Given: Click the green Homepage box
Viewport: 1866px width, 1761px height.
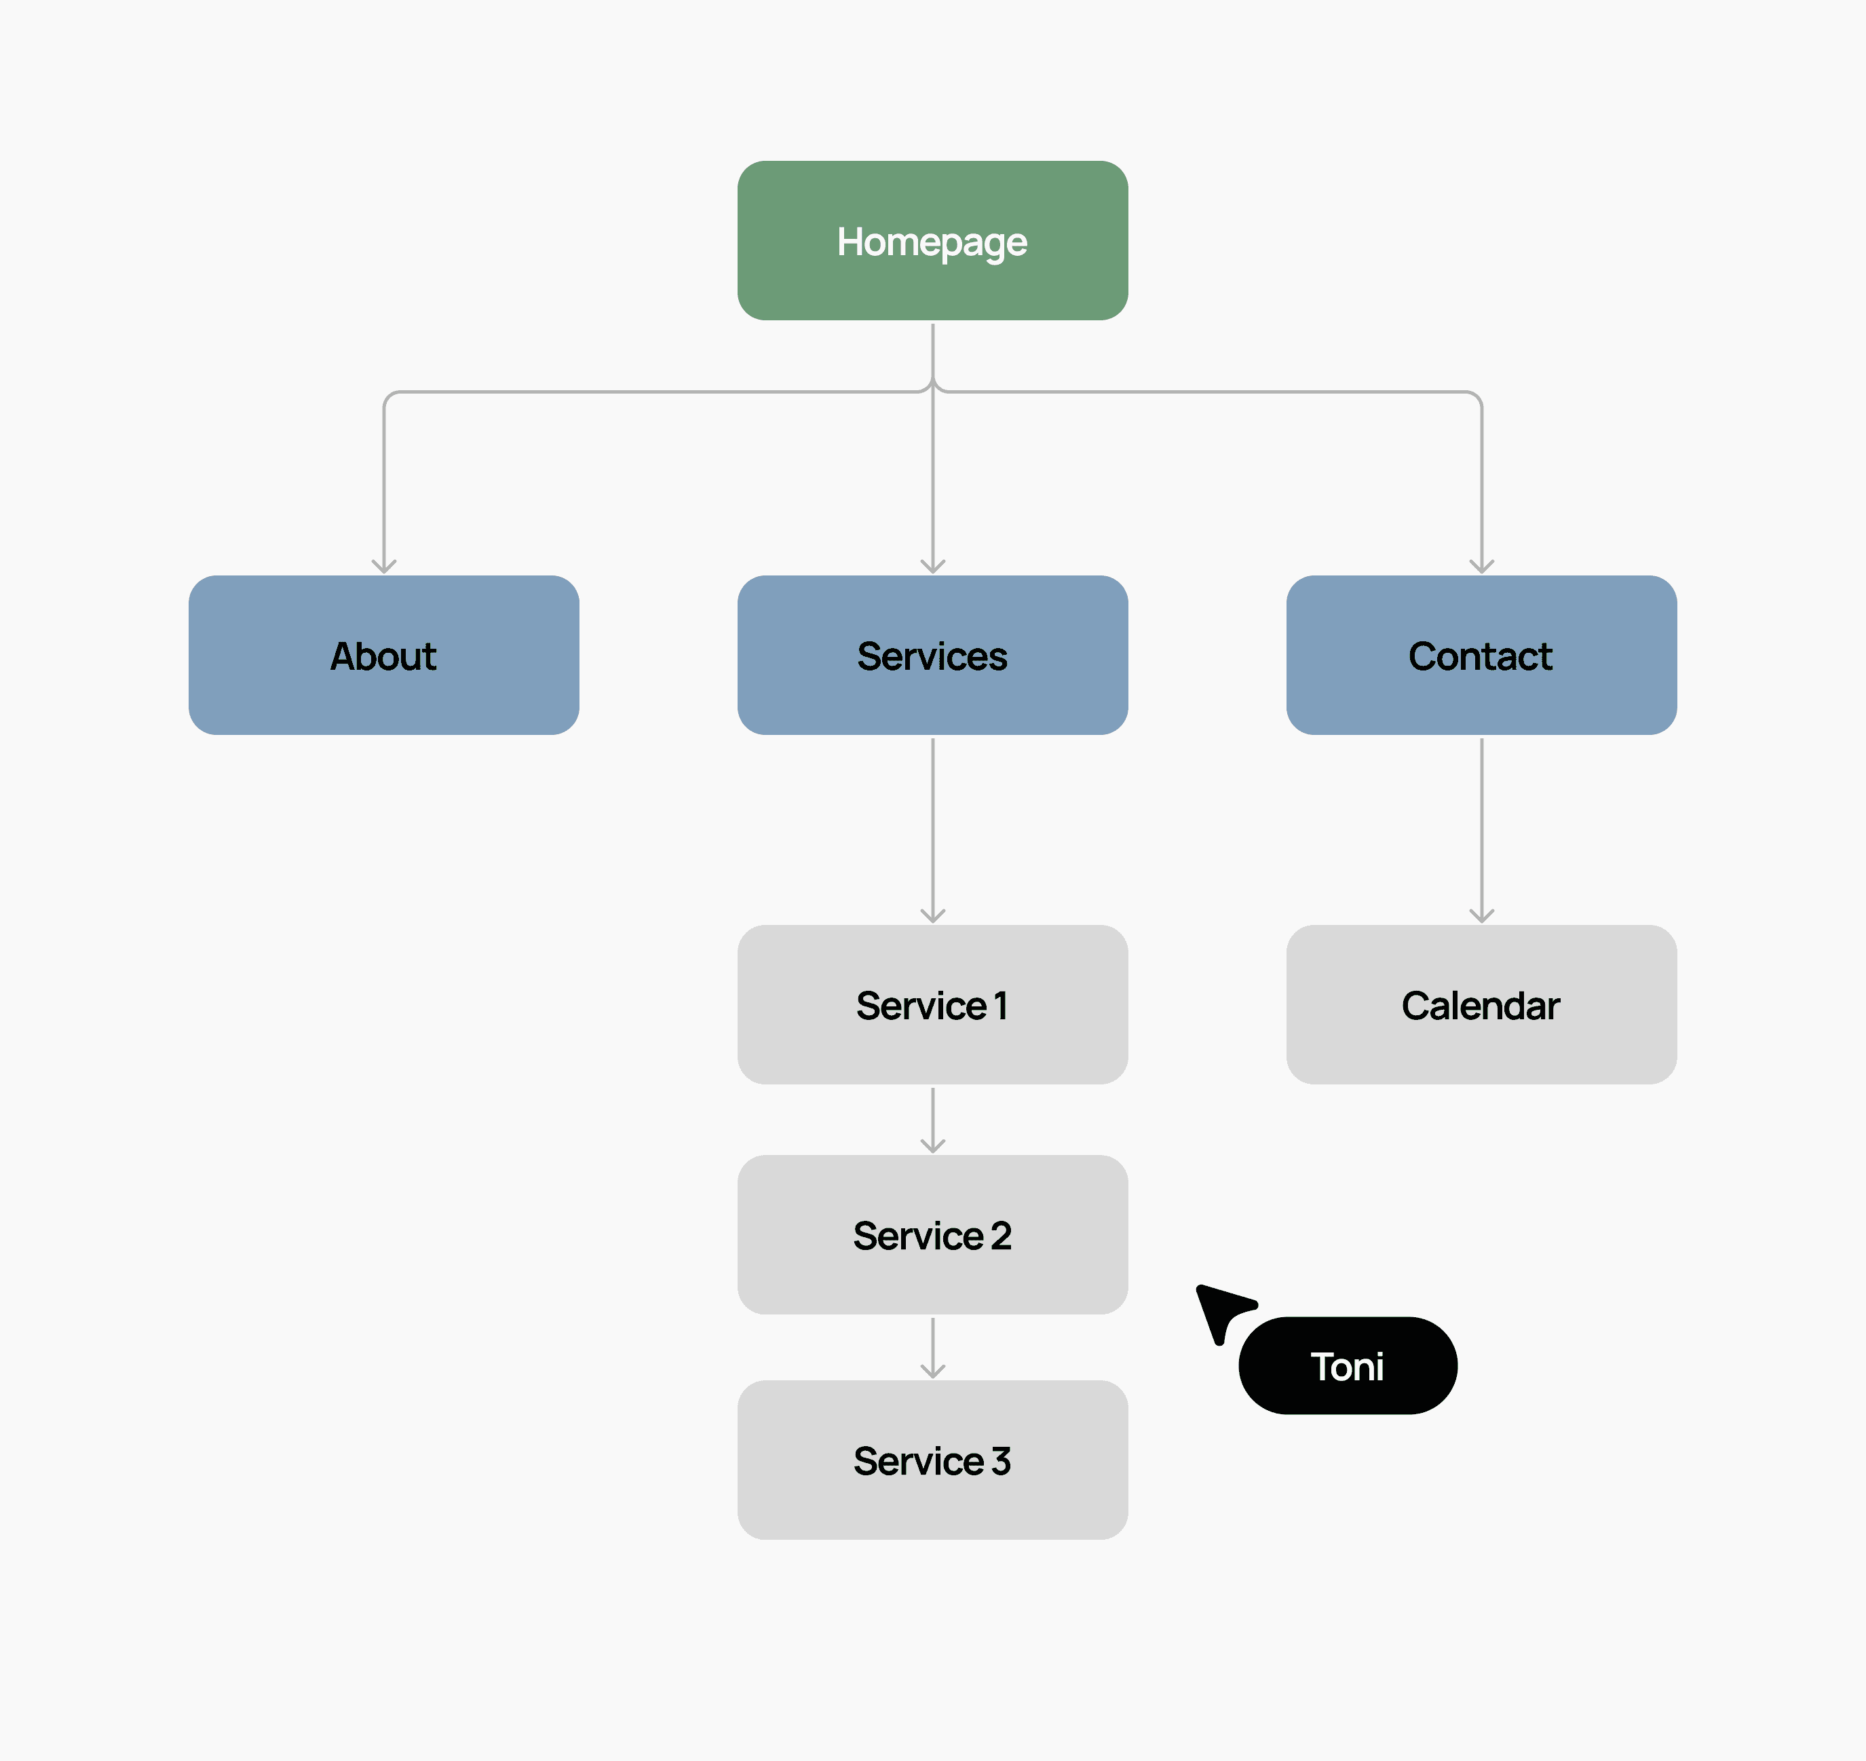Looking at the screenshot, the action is pos(932,240).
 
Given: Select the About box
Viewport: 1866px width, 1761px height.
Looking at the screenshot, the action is pos(384,656).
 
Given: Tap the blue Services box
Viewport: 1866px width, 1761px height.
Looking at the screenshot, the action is pos(932,656).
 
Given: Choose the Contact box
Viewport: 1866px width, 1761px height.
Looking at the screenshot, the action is pos(1481,656).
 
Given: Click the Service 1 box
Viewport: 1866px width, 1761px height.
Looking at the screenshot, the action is pos(932,1004).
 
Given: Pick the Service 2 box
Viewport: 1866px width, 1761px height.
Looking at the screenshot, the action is pos(932,1234).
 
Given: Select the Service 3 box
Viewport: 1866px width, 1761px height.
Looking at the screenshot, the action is pos(932,1460).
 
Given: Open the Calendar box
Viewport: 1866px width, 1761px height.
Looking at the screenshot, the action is pos(1481,1004).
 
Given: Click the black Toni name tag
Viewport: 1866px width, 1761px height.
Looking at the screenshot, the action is pos(1348,1366).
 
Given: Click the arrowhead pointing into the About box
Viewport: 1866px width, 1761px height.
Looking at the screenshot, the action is pos(384,567).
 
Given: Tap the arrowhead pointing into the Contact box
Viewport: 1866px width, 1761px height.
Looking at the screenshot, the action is pos(1482,567).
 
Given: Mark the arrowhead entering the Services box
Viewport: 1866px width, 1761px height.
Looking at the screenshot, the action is pos(933,567).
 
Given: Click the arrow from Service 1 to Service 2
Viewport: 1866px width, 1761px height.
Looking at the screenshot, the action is pos(933,1120).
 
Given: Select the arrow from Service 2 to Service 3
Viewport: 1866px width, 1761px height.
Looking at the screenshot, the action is pos(933,1348).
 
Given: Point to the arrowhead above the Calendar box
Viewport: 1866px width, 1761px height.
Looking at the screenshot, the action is pos(1482,916).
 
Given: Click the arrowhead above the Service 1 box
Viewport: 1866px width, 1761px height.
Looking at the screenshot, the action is pos(933,916).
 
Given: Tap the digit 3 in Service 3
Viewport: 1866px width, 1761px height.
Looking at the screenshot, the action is pos(1002,1460).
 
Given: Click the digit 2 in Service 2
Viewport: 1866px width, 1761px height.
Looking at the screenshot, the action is pos(1002,1235).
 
